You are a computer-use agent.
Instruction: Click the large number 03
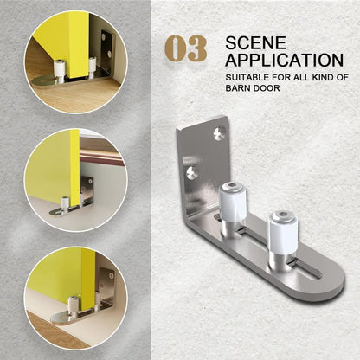pyautogui.click(x=186, y=49)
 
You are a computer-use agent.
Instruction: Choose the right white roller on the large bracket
pyautogui.click(x=283, y=228)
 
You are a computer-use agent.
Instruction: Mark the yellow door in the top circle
pyautogui.click(x=61, y=43)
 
